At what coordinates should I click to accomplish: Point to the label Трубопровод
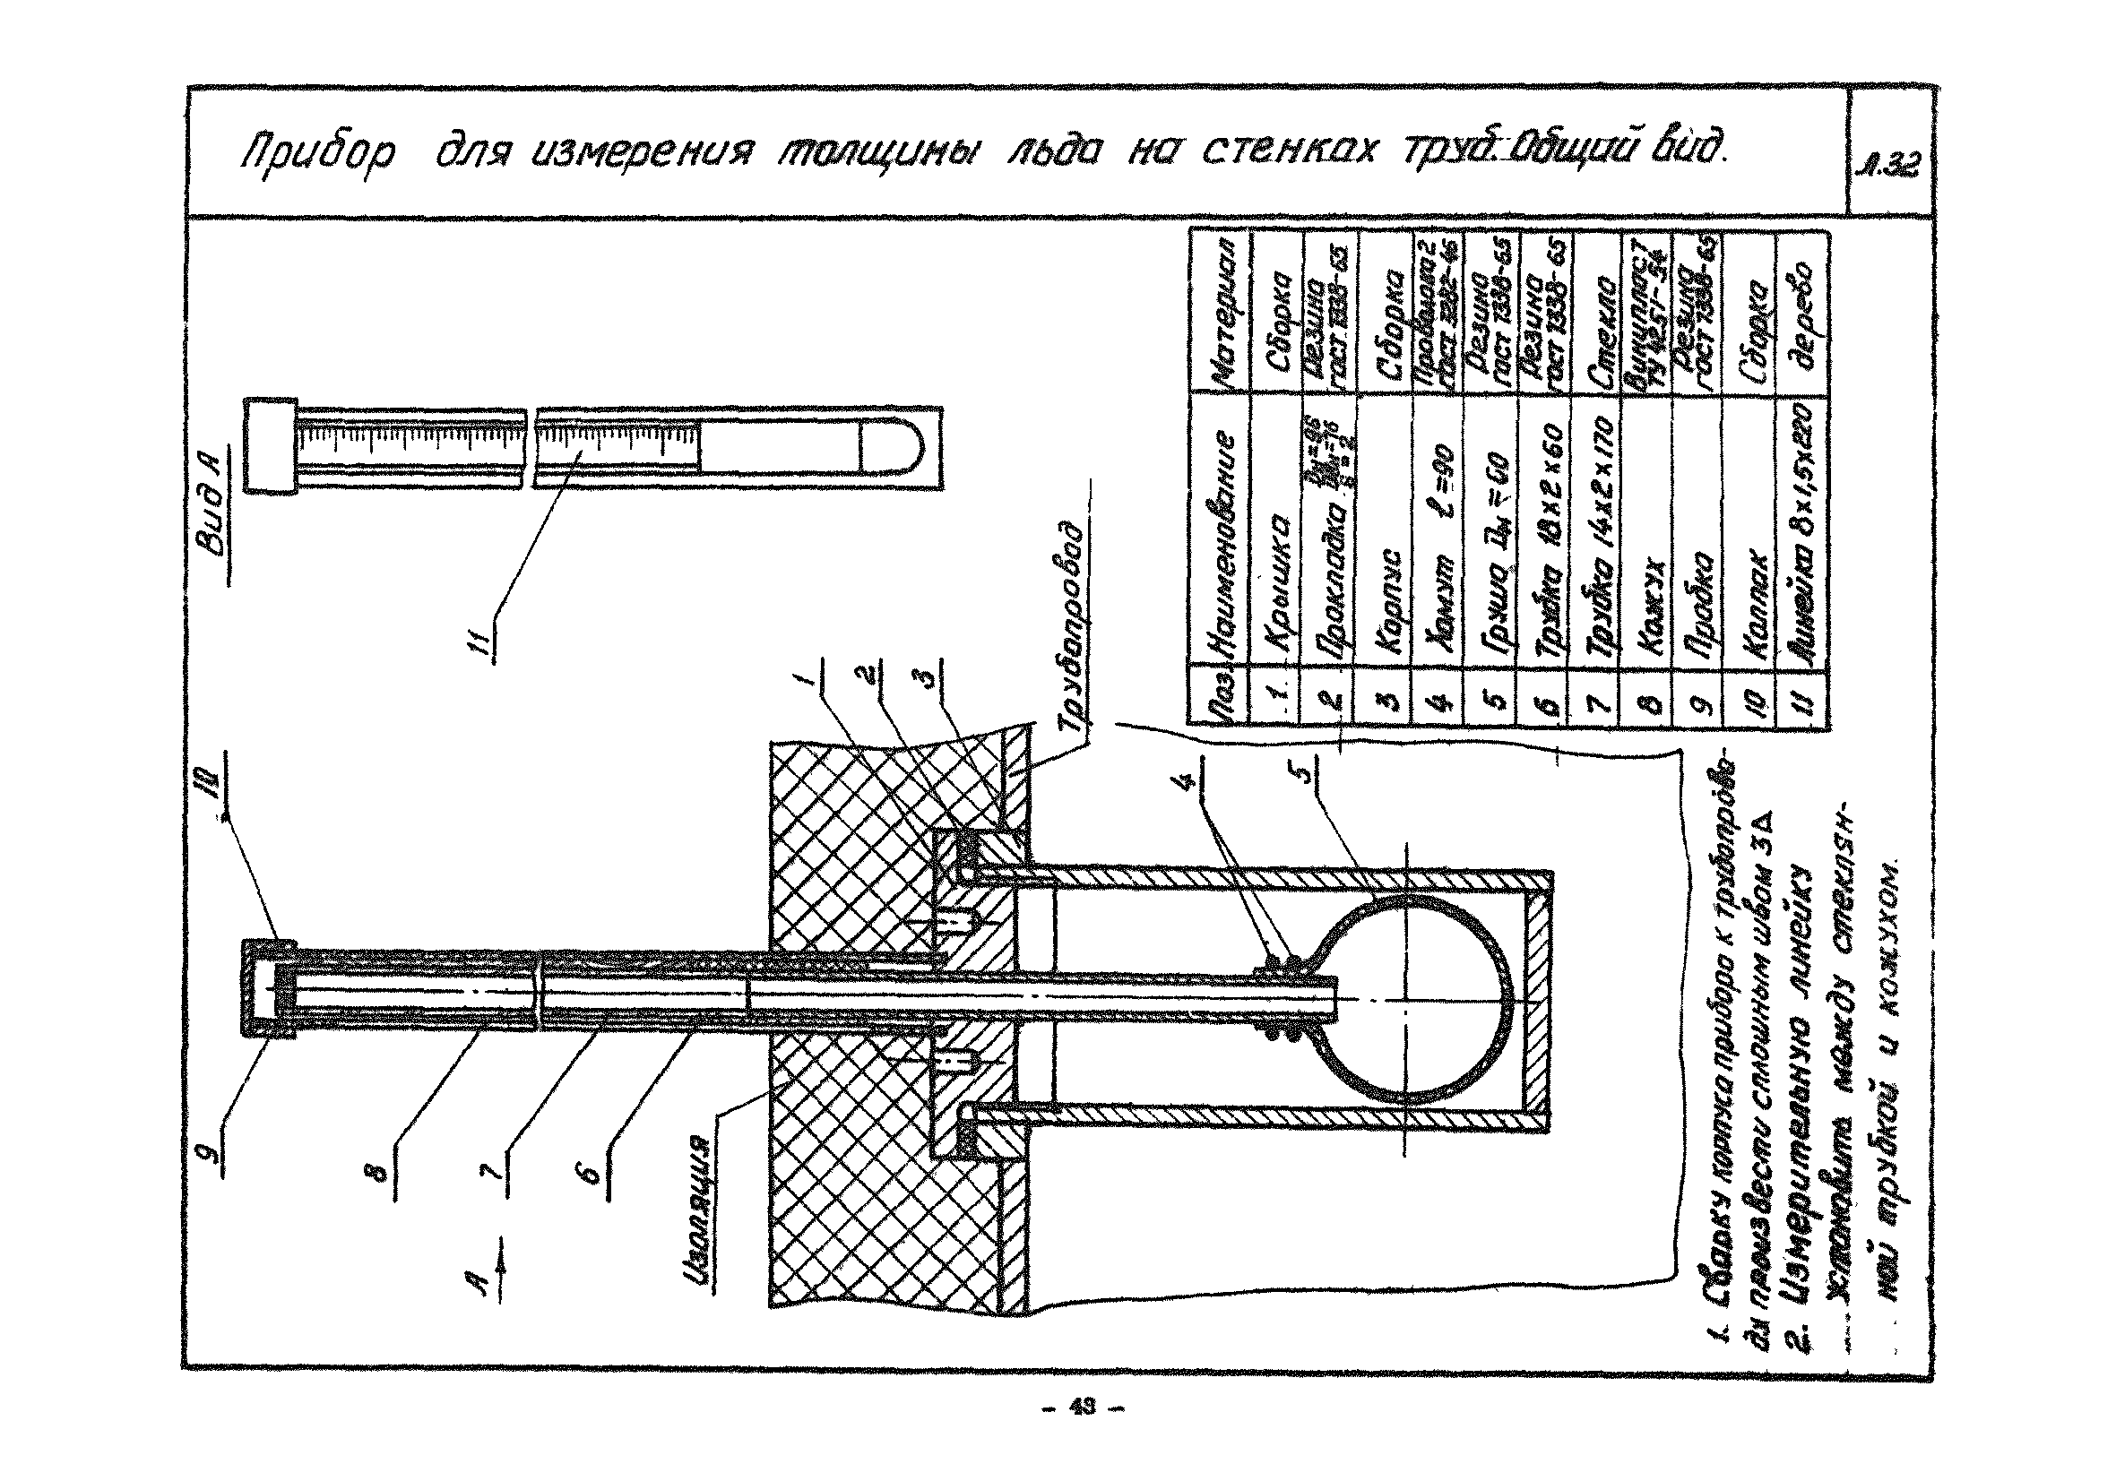(1076, 627)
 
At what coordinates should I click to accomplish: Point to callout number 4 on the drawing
(1191, 779)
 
